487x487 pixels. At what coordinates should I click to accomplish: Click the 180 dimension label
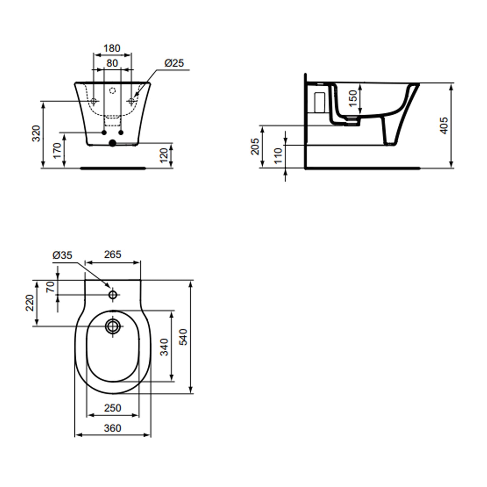(x=112, y=48)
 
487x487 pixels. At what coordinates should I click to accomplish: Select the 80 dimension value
(x=112, y=63)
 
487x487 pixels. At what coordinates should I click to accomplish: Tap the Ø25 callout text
(x=174, y=63)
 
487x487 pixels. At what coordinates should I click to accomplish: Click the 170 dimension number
(x=57, y=151)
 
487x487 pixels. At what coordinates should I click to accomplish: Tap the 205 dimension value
(x=255, y=146)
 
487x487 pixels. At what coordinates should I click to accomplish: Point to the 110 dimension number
(x=278, y=156)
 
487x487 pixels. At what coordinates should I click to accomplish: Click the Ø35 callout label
(x=62, y=255)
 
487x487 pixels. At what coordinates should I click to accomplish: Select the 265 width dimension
(x=113, y=255)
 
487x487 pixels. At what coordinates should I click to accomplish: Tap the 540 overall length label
(x=183, y=337)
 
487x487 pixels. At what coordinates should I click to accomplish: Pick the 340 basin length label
(x=164, y=347)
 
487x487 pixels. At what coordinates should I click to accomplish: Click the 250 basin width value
(x=113, y=408)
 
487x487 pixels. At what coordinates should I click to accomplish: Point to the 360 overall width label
(x=113, y=428)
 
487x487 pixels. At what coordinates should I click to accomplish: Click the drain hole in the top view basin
(x=113, y=326)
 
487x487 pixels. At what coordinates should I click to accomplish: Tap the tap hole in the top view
(x=113, y=295)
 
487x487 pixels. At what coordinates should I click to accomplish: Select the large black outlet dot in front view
(x=112, y=143)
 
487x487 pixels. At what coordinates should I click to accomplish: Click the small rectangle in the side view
(x=320, y=103)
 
